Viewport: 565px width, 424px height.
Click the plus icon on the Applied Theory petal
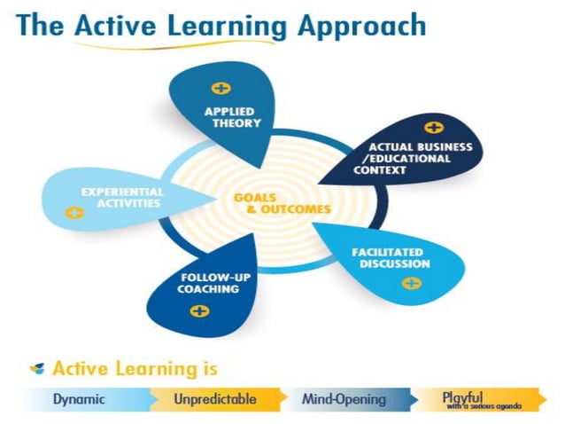point(221,89)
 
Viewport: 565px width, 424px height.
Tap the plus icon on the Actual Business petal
point(433,128)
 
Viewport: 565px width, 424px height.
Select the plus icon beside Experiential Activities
point(75,213)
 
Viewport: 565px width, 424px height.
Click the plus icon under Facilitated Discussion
point(411,283)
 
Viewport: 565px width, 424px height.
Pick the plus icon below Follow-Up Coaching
point(200,310)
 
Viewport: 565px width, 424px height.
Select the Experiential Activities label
point(121,197)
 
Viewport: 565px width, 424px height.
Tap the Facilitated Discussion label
point(391,258)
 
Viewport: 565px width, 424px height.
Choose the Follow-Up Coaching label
point(197,283)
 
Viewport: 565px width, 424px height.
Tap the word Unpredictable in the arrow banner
point(215,399)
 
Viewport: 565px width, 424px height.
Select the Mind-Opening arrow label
point(344,399)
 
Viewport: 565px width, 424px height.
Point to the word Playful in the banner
point(463,397)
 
